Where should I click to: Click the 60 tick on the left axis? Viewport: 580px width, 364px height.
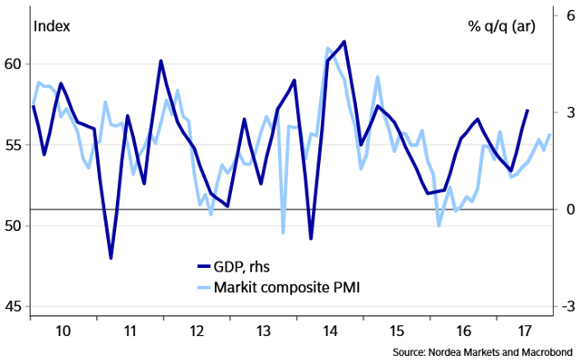[12, 64]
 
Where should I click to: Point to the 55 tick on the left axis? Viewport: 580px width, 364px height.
[12, 145]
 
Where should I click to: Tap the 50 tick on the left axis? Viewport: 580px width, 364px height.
[12, 225]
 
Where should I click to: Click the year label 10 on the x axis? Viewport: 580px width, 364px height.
[64, 331]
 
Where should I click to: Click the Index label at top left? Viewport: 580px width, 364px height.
[52, 24]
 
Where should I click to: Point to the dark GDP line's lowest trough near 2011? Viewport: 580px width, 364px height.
[111, 258]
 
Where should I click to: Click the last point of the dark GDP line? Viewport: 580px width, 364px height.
[527, 110]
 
